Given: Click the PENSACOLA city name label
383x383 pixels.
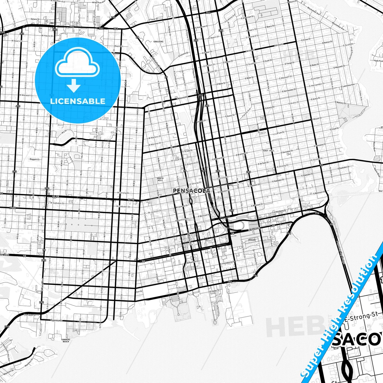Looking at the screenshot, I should [191, 191].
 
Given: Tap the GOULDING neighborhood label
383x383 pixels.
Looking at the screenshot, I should [158, 42].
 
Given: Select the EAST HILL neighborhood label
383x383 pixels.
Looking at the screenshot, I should [269, 151].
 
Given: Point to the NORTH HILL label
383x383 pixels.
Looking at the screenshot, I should [160, 179].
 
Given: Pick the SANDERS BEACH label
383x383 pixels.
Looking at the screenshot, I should [65, 340].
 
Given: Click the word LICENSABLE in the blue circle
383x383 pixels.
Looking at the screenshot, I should [78, 101].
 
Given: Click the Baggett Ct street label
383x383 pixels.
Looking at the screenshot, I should [35, 159].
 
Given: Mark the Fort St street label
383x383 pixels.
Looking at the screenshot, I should [139, 292].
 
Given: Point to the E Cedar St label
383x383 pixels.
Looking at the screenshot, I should [214, 291].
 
